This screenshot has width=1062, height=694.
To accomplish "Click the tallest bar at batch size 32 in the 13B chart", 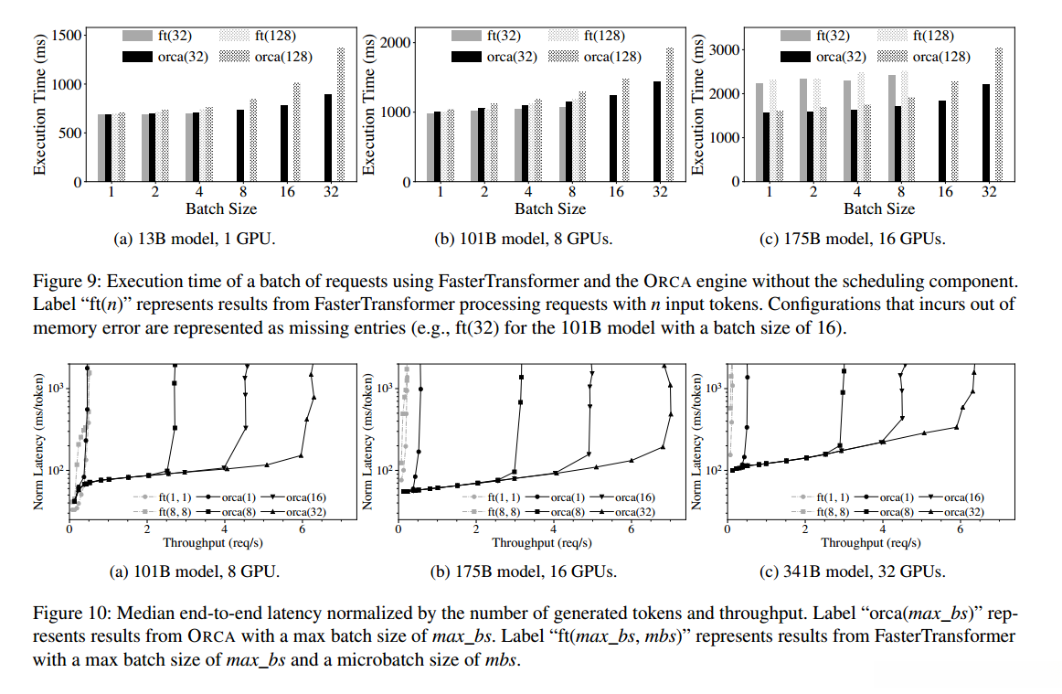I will (x=341, y=114).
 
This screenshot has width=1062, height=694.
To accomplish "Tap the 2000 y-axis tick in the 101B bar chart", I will (x=397, y=42).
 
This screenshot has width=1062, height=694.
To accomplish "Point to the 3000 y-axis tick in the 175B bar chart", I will (x=724, y=48).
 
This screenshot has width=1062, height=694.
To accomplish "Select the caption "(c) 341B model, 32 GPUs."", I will (x=852, y=571).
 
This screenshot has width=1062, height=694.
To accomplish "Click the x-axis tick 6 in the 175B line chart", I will (x=631, y=529).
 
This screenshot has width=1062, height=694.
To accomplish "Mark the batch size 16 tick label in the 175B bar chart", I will (x=945, y=193).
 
